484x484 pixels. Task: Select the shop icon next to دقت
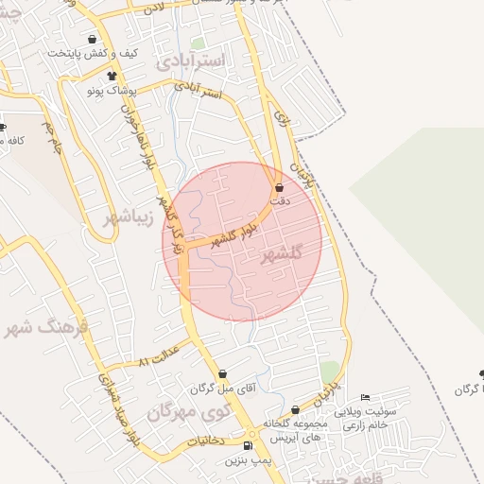(278, 189)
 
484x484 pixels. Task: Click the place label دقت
(278, 201)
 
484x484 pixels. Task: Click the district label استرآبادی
(193, 61)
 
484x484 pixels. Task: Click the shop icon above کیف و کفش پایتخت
(91, 40)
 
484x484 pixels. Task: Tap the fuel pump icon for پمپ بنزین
(248, 446)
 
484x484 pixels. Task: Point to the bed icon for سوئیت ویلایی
(366, 397)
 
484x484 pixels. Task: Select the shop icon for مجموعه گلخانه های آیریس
(296, 410)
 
